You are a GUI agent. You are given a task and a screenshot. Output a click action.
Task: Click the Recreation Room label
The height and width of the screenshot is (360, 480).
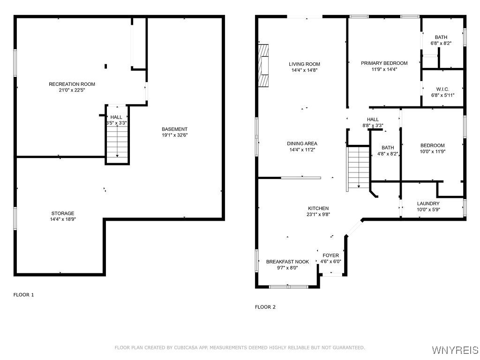coord(72,84)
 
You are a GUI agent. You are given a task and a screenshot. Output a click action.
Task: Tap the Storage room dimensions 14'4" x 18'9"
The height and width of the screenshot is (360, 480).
coord(63,219)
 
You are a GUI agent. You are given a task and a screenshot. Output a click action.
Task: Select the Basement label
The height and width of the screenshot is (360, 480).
coord(174,129)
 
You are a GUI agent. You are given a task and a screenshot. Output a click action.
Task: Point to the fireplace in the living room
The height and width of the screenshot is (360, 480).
coord(263,66)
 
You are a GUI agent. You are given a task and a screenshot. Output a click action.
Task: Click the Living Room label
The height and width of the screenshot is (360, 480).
coord(304,64)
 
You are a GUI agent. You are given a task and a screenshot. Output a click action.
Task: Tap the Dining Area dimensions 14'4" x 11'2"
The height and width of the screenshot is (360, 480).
coord(302,150)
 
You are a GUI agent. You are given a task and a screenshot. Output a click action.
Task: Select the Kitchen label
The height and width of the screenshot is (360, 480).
coord(318,208)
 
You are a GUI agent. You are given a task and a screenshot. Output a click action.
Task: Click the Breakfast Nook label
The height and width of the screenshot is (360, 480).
coord(287,262)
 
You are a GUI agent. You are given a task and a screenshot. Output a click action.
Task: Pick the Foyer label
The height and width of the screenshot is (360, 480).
coord(330,255)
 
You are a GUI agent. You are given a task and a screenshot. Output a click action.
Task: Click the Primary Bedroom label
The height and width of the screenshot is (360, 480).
coord(384,63)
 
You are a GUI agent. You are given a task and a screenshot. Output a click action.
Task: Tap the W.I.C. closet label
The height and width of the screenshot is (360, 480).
coord(442,89)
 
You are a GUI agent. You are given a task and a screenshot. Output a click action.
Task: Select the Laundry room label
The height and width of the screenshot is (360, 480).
coord(428,203)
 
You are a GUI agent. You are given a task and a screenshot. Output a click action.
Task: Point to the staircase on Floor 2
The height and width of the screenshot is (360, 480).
coord(359,168)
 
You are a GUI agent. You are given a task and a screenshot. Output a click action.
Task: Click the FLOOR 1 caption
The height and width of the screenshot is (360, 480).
coord(23,295)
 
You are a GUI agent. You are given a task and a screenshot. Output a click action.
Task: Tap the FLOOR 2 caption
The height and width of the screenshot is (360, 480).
coord(265,307)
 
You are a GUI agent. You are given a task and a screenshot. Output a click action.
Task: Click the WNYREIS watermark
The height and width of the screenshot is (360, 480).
coord(455,350)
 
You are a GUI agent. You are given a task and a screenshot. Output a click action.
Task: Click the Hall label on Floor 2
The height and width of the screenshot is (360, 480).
coord(373,120)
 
